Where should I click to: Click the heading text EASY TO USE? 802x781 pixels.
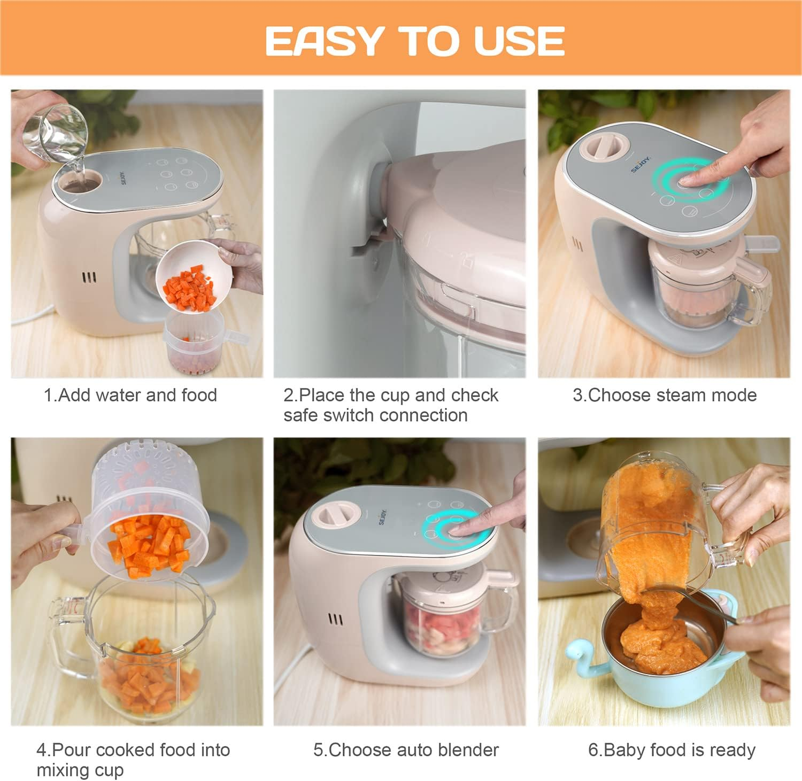coord(415,41)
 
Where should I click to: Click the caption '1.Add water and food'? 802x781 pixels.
coord(130,395)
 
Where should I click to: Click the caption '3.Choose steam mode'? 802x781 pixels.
coord(665,395)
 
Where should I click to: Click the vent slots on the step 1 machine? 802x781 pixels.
coord(89,277)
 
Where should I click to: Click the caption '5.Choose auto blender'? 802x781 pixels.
coord(406,750)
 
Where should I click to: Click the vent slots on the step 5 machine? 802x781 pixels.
coord(335,620)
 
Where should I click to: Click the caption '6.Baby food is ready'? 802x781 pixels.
coord(672,750)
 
